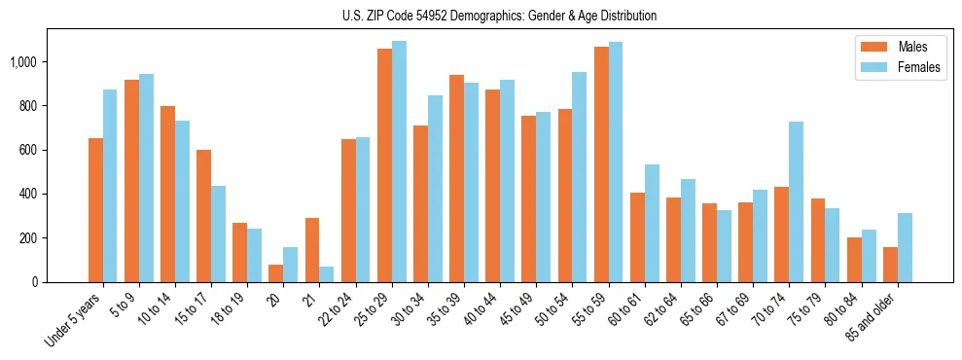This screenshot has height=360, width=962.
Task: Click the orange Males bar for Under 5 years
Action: [x=95, y=210]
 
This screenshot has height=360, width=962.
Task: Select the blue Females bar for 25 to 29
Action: [x=399, y=162]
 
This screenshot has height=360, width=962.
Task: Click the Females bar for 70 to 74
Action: [x=796, y=201]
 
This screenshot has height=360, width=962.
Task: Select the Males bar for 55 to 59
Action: [x=601, y=164]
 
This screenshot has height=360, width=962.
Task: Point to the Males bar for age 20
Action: [x=276, y=273]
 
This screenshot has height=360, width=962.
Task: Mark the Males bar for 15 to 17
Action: [x=203, y=216]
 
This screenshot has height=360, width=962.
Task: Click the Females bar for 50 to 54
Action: [x=580, y=177]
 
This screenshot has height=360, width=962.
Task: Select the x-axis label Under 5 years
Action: [x=78, y=321]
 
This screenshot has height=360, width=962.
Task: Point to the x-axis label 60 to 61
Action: [x=624, y=312]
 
